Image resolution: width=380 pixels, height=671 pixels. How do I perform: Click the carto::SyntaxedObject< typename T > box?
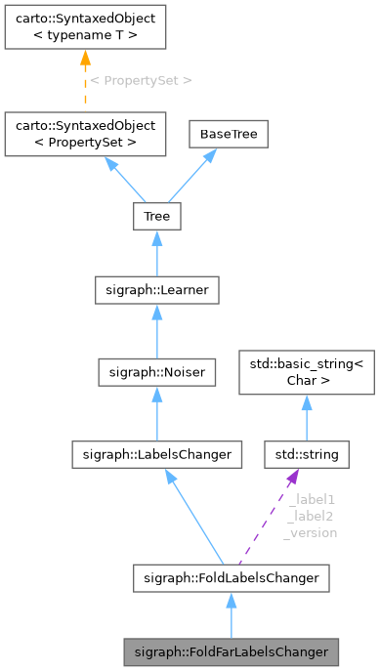pos(83,28)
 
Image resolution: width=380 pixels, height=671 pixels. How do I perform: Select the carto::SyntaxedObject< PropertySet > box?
pos(83,135)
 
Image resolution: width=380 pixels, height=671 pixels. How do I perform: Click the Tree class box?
pos(156,215)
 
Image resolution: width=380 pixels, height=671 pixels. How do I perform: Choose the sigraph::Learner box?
pos(156,290)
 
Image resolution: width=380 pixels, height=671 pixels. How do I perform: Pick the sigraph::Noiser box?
pos(156,371)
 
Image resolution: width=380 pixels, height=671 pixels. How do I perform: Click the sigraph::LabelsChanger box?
pos(156,453)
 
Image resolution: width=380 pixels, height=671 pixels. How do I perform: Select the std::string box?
pos(306,453)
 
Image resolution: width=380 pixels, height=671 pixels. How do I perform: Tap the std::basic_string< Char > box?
pos(306,373)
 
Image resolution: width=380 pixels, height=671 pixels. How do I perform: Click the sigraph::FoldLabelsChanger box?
pos(231,578)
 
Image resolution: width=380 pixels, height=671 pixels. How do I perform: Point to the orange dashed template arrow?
pos(83,83)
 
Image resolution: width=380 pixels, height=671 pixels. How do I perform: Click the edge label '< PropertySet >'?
pos(141,80)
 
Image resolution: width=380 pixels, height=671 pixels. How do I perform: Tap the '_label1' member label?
pos(312,499)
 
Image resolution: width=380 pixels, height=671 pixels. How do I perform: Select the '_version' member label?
pos(311,532)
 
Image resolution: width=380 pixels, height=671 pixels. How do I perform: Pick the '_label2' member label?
pos(312,516)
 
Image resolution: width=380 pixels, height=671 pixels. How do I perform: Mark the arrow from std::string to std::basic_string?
pos(306,418)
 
